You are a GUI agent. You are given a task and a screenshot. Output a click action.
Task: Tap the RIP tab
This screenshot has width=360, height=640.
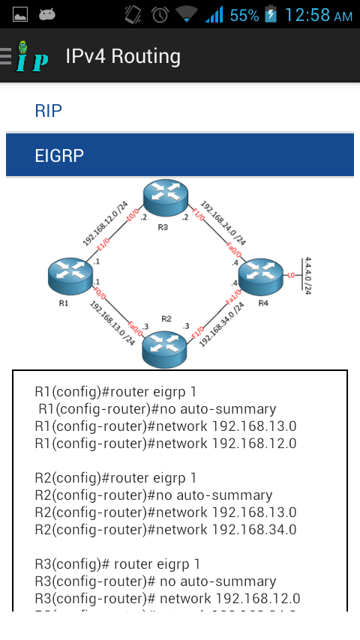[48, 111]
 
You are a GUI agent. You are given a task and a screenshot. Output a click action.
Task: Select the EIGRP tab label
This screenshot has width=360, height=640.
[59, 155]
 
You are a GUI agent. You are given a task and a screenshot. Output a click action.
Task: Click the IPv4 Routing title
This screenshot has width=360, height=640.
[123, 56]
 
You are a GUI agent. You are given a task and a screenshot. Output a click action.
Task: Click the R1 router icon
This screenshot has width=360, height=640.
[69, 276]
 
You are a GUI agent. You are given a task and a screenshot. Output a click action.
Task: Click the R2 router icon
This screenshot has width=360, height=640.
[165, 346]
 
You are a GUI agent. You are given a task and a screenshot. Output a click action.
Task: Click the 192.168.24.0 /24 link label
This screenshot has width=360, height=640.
[223, 223]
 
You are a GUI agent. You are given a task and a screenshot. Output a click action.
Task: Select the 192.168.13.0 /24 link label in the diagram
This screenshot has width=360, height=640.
[112, 322]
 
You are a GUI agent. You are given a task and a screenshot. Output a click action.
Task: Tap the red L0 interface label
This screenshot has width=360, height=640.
[289, 277]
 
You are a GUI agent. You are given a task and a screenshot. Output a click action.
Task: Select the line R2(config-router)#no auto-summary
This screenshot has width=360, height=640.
[153, 495]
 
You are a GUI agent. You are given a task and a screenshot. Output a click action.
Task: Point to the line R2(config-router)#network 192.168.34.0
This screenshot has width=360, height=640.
[165, 530]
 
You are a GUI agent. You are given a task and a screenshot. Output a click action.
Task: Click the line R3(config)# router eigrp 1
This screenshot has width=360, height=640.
[117, 564]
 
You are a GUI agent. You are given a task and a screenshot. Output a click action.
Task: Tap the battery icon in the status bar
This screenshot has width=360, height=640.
[271, 15]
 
